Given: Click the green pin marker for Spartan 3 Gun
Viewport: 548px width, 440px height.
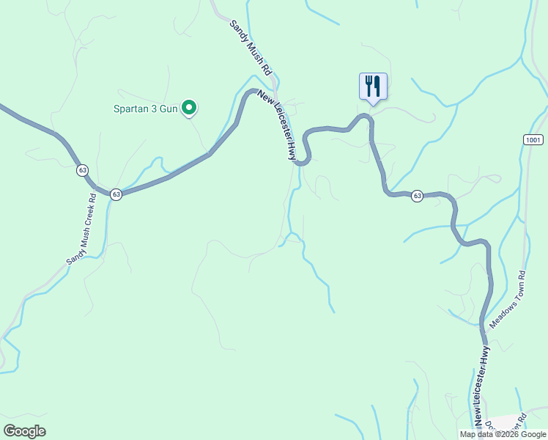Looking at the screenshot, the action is pos(189,109).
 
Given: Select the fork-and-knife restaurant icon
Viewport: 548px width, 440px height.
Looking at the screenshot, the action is pos(373,87).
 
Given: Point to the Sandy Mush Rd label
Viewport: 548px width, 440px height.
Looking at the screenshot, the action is pos(251,48).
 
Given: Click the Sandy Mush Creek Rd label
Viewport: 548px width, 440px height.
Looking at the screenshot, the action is pos(82,230).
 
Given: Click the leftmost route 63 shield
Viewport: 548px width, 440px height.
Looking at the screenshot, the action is pos(82,170).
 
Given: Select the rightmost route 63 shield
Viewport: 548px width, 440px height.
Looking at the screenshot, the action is pos(417,195).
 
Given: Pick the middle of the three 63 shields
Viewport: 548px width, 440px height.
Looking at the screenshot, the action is pos(116,194).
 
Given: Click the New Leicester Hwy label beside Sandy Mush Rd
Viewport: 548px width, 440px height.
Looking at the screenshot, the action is pos(277,125).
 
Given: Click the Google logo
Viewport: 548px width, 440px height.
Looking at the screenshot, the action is pos(24,431).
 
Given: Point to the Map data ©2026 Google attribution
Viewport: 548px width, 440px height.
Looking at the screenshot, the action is pos(502,434).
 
